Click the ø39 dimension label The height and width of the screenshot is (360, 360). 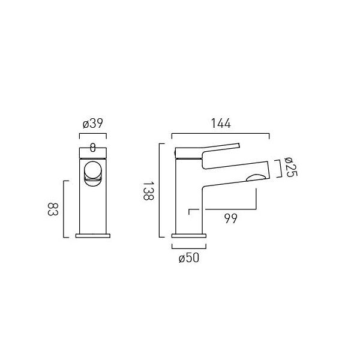93,124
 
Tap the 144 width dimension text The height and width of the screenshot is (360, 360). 221,124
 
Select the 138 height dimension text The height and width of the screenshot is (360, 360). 148,191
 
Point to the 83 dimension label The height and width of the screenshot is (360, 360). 53,209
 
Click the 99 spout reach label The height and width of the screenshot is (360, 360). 231,218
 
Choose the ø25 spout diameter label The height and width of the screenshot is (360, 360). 290,167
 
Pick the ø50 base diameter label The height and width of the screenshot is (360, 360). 189,258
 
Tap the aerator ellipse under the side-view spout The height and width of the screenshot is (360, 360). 256,178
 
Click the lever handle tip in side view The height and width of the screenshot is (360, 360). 239,145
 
